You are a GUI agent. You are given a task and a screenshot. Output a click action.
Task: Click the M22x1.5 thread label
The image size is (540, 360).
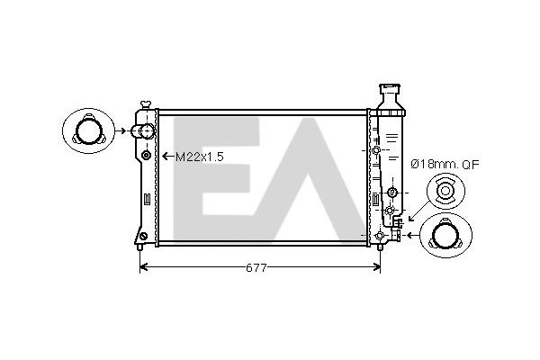200,157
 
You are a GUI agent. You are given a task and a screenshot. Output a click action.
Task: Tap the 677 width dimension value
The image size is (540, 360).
256,267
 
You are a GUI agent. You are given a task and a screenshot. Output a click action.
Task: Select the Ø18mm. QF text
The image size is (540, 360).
445,165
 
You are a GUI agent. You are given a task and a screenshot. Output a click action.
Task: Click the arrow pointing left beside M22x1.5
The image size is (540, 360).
167,157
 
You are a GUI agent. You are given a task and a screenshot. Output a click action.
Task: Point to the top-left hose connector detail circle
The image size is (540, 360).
88,130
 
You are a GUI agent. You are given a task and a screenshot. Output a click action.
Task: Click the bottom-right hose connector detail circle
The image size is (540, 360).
445,236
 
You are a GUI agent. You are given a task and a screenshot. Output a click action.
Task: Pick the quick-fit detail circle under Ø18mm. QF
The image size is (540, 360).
445,191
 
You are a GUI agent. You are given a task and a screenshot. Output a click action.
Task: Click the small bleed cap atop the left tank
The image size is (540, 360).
146,104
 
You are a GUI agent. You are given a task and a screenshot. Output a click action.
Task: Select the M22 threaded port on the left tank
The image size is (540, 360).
146,156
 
